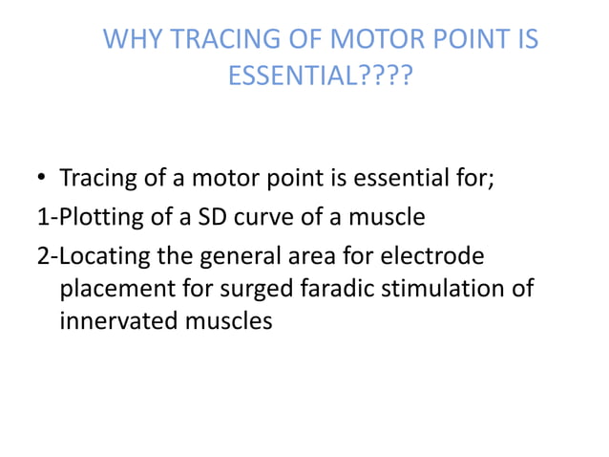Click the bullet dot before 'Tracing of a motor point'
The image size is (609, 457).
click(43, 180)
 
